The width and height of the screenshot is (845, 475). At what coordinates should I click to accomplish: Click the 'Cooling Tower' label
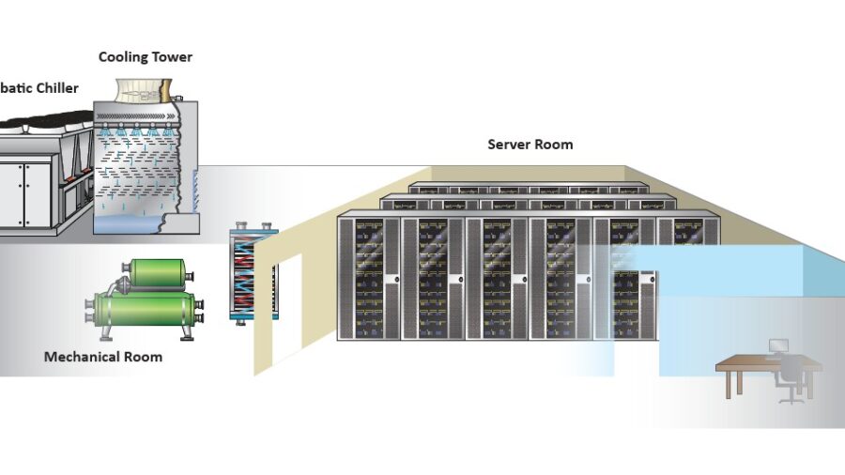click(x=146, y=57)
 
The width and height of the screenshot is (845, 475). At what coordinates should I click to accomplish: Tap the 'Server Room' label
click(x=530, y=145)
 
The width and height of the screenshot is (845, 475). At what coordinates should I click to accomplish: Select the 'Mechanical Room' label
click(x=103, y=357)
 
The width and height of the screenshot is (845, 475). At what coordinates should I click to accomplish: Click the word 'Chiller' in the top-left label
click(x=58, y=88)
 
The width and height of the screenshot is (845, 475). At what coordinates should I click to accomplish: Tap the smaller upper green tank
click(x=158, y=272)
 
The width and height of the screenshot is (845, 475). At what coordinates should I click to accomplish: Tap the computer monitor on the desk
click(x=778, y=346)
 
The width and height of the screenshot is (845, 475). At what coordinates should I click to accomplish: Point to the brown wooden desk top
click(x=751, y=362)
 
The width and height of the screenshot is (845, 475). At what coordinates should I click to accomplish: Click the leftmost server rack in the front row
click(x=369, y=276)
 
